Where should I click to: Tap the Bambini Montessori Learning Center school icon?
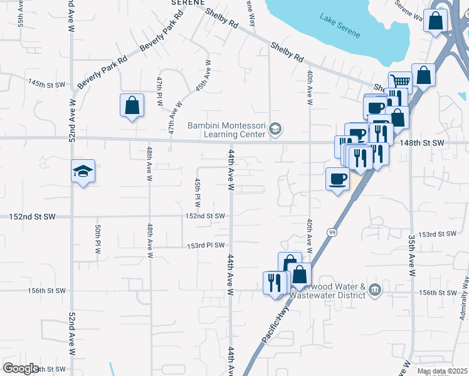click(275, 130)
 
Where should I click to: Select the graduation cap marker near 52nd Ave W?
click(83, 172)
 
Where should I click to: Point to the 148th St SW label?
click(423, 143)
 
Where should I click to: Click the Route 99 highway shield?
click(330, 232)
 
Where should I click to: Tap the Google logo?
click(21, 368)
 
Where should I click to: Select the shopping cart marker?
click(399, 81)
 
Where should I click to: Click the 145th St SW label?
click(47, 83)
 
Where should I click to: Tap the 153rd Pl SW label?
click(205, 246)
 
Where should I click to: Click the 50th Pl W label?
click(98, 239)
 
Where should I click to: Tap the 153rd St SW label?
click(436, 234)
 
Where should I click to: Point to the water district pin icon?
click(375, 290)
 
